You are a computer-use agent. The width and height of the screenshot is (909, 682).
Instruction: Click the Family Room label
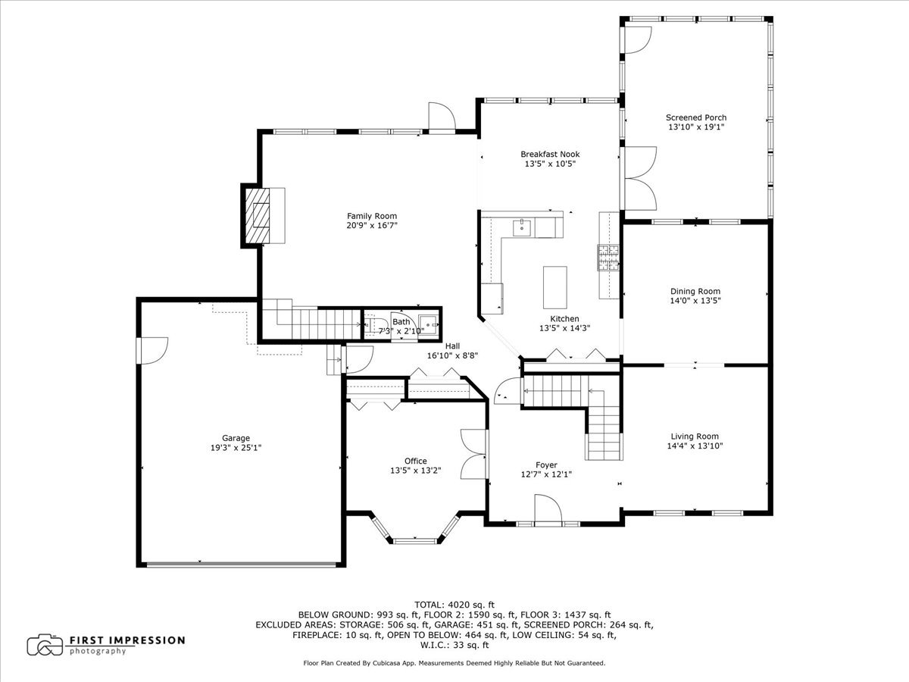(x=371, y=216)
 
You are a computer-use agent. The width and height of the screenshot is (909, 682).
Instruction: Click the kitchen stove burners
(x=609, y=258)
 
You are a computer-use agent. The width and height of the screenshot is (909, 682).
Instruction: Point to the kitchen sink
(x=522, y=226)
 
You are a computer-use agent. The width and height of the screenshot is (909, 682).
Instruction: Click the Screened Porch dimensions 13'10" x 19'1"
(x=695, y=127)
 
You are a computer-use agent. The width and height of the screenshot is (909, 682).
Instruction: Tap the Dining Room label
(x=695, y=291)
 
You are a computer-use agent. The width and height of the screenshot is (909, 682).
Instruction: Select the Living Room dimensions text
(x=695, y=446)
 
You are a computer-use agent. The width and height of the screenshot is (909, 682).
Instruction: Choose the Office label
(x=415, y=461)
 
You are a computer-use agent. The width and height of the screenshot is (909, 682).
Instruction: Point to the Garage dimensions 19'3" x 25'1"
(x=236, y=447)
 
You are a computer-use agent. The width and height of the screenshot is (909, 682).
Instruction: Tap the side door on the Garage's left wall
(x=151, y=350)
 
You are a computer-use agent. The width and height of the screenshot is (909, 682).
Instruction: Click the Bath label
(x=401, y=322)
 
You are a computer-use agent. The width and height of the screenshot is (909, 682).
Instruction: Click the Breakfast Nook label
(x=550, y=154)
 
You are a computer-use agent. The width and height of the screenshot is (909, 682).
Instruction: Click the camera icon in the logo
(x=45, y=644)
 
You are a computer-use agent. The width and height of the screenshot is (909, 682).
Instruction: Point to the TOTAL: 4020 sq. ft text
(x=454, y=605)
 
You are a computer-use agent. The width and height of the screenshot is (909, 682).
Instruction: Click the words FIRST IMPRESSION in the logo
(x=127, y=640)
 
